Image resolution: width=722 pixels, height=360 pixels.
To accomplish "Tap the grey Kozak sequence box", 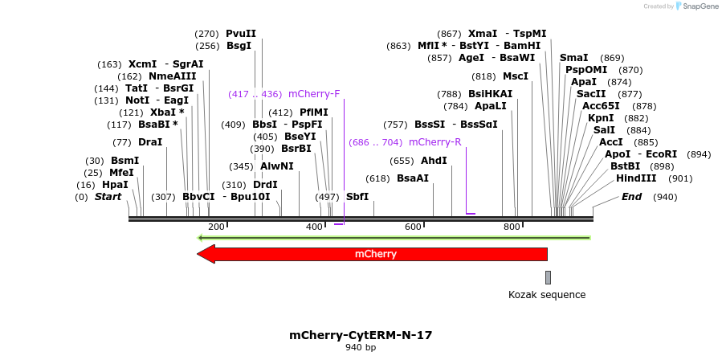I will [548, 277].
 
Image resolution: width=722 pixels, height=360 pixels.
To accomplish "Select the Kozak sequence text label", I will [547, 295].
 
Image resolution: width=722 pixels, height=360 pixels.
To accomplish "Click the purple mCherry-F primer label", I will [314, 94].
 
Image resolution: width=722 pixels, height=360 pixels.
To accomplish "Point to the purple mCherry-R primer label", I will [434, 142].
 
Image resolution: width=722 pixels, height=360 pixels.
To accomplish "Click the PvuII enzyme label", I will [241, 34].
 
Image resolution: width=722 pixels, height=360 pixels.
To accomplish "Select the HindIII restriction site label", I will [636, 178].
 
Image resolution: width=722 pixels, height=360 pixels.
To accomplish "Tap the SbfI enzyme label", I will [357, 197].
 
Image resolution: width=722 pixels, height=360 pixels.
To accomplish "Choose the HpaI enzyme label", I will [115, 185].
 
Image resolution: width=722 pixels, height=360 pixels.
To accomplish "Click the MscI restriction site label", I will [516, 76].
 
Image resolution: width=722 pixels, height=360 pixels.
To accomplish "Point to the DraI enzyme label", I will [150, 142].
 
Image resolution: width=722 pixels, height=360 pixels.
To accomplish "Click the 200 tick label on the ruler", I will [216, 227].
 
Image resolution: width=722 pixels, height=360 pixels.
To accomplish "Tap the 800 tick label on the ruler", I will [512, 227].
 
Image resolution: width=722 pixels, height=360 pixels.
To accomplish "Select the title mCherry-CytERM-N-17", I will [365, 334].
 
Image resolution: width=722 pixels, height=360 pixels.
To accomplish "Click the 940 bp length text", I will [361, 348].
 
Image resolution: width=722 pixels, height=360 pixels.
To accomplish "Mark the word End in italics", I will [631, 197].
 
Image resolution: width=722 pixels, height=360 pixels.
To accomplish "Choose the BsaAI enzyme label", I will [413, 178].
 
